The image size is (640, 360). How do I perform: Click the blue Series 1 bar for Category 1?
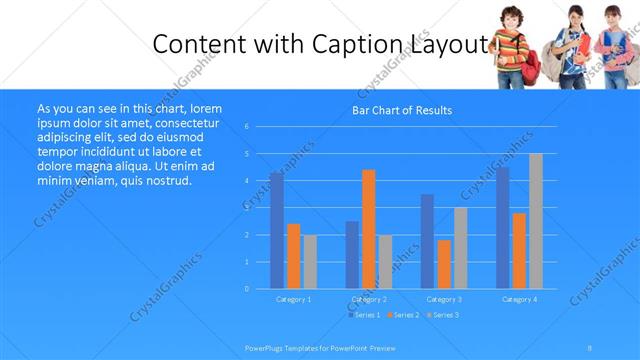276,230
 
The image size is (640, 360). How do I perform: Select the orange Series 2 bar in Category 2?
368,229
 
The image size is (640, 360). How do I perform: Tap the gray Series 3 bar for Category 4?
535,221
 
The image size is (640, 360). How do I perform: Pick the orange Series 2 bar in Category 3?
444,264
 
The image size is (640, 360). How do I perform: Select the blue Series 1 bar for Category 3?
427,241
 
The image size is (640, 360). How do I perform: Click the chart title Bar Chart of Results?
402,110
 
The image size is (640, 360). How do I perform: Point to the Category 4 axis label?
518,299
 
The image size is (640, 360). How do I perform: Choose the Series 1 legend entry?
362,315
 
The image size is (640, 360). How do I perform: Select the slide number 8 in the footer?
590,347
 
